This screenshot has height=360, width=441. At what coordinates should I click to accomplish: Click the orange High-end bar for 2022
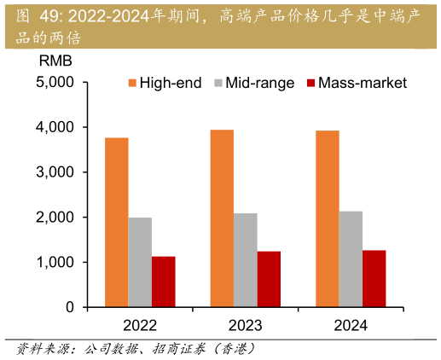click(116, 222)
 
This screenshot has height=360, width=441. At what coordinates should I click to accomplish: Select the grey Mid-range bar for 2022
click(140, 262)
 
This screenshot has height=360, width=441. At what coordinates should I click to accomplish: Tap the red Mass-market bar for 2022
click(163, 282)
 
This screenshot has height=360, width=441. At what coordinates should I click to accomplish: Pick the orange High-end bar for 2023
click(222, 218)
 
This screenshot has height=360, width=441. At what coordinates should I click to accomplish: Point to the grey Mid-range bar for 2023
click(245, 259)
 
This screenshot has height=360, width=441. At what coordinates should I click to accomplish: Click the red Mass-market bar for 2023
click(269, 279)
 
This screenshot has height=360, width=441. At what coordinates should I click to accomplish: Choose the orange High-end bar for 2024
click(327, 218)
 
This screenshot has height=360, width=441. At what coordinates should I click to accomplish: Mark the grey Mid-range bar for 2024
click(351, 258)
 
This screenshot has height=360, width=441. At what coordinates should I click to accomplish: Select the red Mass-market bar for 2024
click(374, 278)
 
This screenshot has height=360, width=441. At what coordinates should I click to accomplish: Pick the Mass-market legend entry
click(356, 83)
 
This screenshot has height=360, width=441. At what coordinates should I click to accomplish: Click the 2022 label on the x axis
click(140, 325)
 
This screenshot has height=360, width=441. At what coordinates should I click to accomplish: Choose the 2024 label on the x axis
click(351, 325)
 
